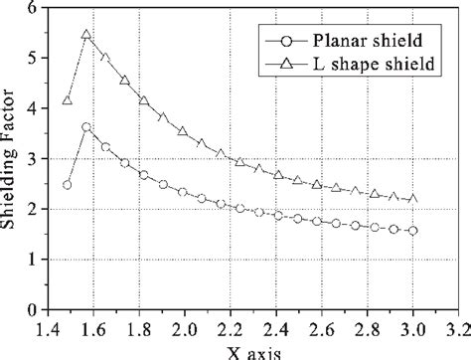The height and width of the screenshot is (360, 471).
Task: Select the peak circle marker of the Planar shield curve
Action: click(x=86, y=127)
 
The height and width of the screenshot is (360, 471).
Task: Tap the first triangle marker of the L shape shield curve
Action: click(x=68, y=100)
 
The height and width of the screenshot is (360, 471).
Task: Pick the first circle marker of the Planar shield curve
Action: click(x=68, y=185)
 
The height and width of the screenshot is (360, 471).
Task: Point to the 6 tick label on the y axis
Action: click(x=32, y=9)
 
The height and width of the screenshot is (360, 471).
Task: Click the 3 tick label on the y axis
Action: click(x=32, y=159)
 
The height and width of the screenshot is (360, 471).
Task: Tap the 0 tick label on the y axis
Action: click(x=32, y=309)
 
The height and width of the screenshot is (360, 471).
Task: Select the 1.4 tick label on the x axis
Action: click(x=45, y=327)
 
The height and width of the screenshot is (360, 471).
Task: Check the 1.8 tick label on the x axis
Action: click(x=142, y=327)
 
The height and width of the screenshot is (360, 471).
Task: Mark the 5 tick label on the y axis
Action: click(x=32, y=59)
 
